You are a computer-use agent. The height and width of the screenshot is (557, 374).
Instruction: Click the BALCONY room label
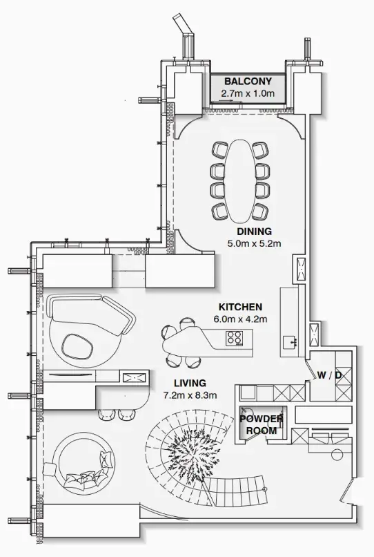(248, 82)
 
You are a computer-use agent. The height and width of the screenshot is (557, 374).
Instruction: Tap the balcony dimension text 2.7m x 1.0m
(248, 93)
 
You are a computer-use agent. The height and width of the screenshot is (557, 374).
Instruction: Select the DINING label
(255, 232)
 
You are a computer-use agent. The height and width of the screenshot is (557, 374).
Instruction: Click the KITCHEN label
(240, 307)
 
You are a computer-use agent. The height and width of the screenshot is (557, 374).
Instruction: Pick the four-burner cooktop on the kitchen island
(235, 338)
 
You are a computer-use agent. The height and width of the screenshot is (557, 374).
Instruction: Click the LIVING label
(190, 384)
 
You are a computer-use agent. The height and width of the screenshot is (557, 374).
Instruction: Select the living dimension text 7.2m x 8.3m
(190, 395)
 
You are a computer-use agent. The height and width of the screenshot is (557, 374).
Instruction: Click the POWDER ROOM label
(262, 425)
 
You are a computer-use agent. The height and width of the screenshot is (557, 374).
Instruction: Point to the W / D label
(329, 375)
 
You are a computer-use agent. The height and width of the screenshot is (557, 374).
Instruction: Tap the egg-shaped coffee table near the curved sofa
(77, 346)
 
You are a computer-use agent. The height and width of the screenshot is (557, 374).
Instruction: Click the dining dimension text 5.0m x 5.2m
(254, 244)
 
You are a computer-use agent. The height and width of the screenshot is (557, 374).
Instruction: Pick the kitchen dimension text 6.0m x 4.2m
(240, 319)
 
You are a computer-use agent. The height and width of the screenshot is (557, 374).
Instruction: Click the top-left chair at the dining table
(220, 149)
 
